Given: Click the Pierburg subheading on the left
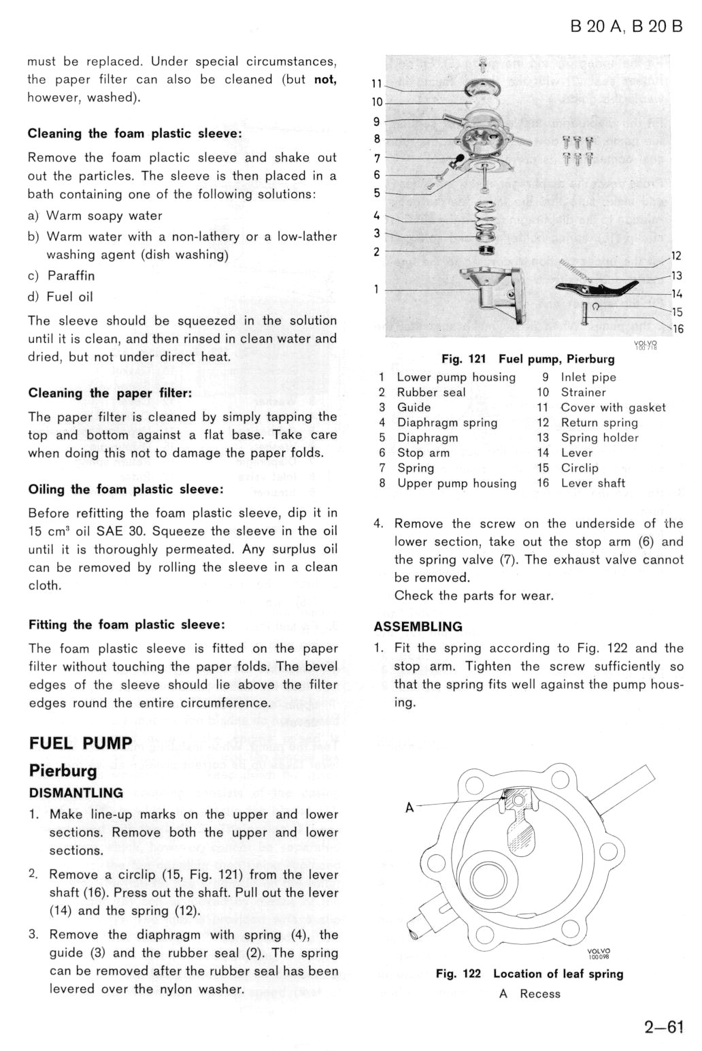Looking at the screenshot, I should [63, 771].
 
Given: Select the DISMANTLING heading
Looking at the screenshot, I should [76, 792].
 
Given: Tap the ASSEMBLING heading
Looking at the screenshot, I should [418, 626].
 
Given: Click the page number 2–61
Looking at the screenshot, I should [663, 1026].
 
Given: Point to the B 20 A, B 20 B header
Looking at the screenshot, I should [626, 27].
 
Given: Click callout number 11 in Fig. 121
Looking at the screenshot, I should [375, 84].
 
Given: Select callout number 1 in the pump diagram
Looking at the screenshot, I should [375, 289].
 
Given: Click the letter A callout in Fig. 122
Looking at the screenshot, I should [409, 807].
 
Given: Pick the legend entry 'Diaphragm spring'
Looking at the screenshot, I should [447, 423].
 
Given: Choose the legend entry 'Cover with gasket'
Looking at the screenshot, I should [613, 407].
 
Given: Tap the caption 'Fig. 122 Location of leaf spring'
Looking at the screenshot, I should [529, 973].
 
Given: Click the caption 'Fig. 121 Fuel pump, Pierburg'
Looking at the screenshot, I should [528, 359].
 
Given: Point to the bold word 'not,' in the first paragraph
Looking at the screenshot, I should [325, 80].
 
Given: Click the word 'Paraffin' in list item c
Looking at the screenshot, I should [71, 276].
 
